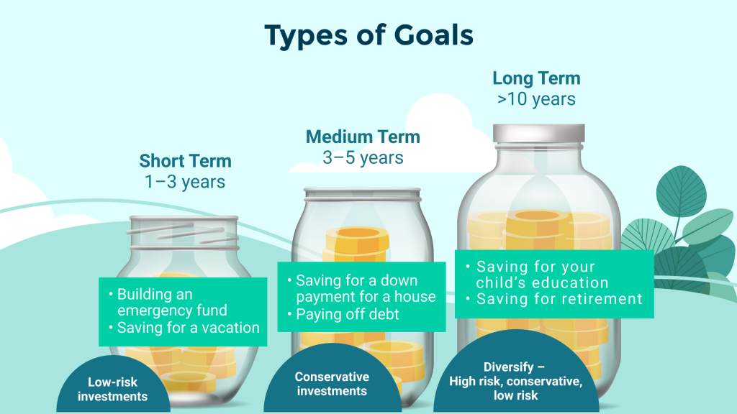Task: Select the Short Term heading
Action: (185, 161)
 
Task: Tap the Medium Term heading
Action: (363, 137)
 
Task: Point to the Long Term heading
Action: (536, 78)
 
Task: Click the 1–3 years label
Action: (185, 182)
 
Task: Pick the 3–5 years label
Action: (363, 157)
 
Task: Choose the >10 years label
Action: (536, 99)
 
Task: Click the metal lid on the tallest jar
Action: (538, 133)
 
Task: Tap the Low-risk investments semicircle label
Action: (113, 389)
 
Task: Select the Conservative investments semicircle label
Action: (332, 384)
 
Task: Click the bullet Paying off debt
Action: (343, 315)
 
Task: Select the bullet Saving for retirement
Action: (554, 299)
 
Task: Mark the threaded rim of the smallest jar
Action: (184, 232)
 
